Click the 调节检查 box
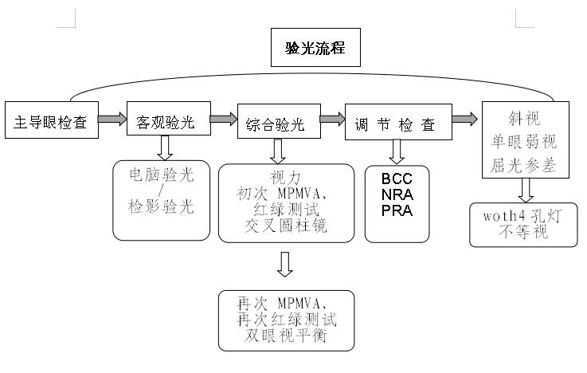coord(397,124)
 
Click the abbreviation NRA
coord(397,194)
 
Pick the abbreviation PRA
coord(397,210)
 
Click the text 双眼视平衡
coord(285,336)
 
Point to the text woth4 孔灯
coord(522,216)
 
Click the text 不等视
coord(522,232)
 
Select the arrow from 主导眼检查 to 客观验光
coord(112,120)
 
